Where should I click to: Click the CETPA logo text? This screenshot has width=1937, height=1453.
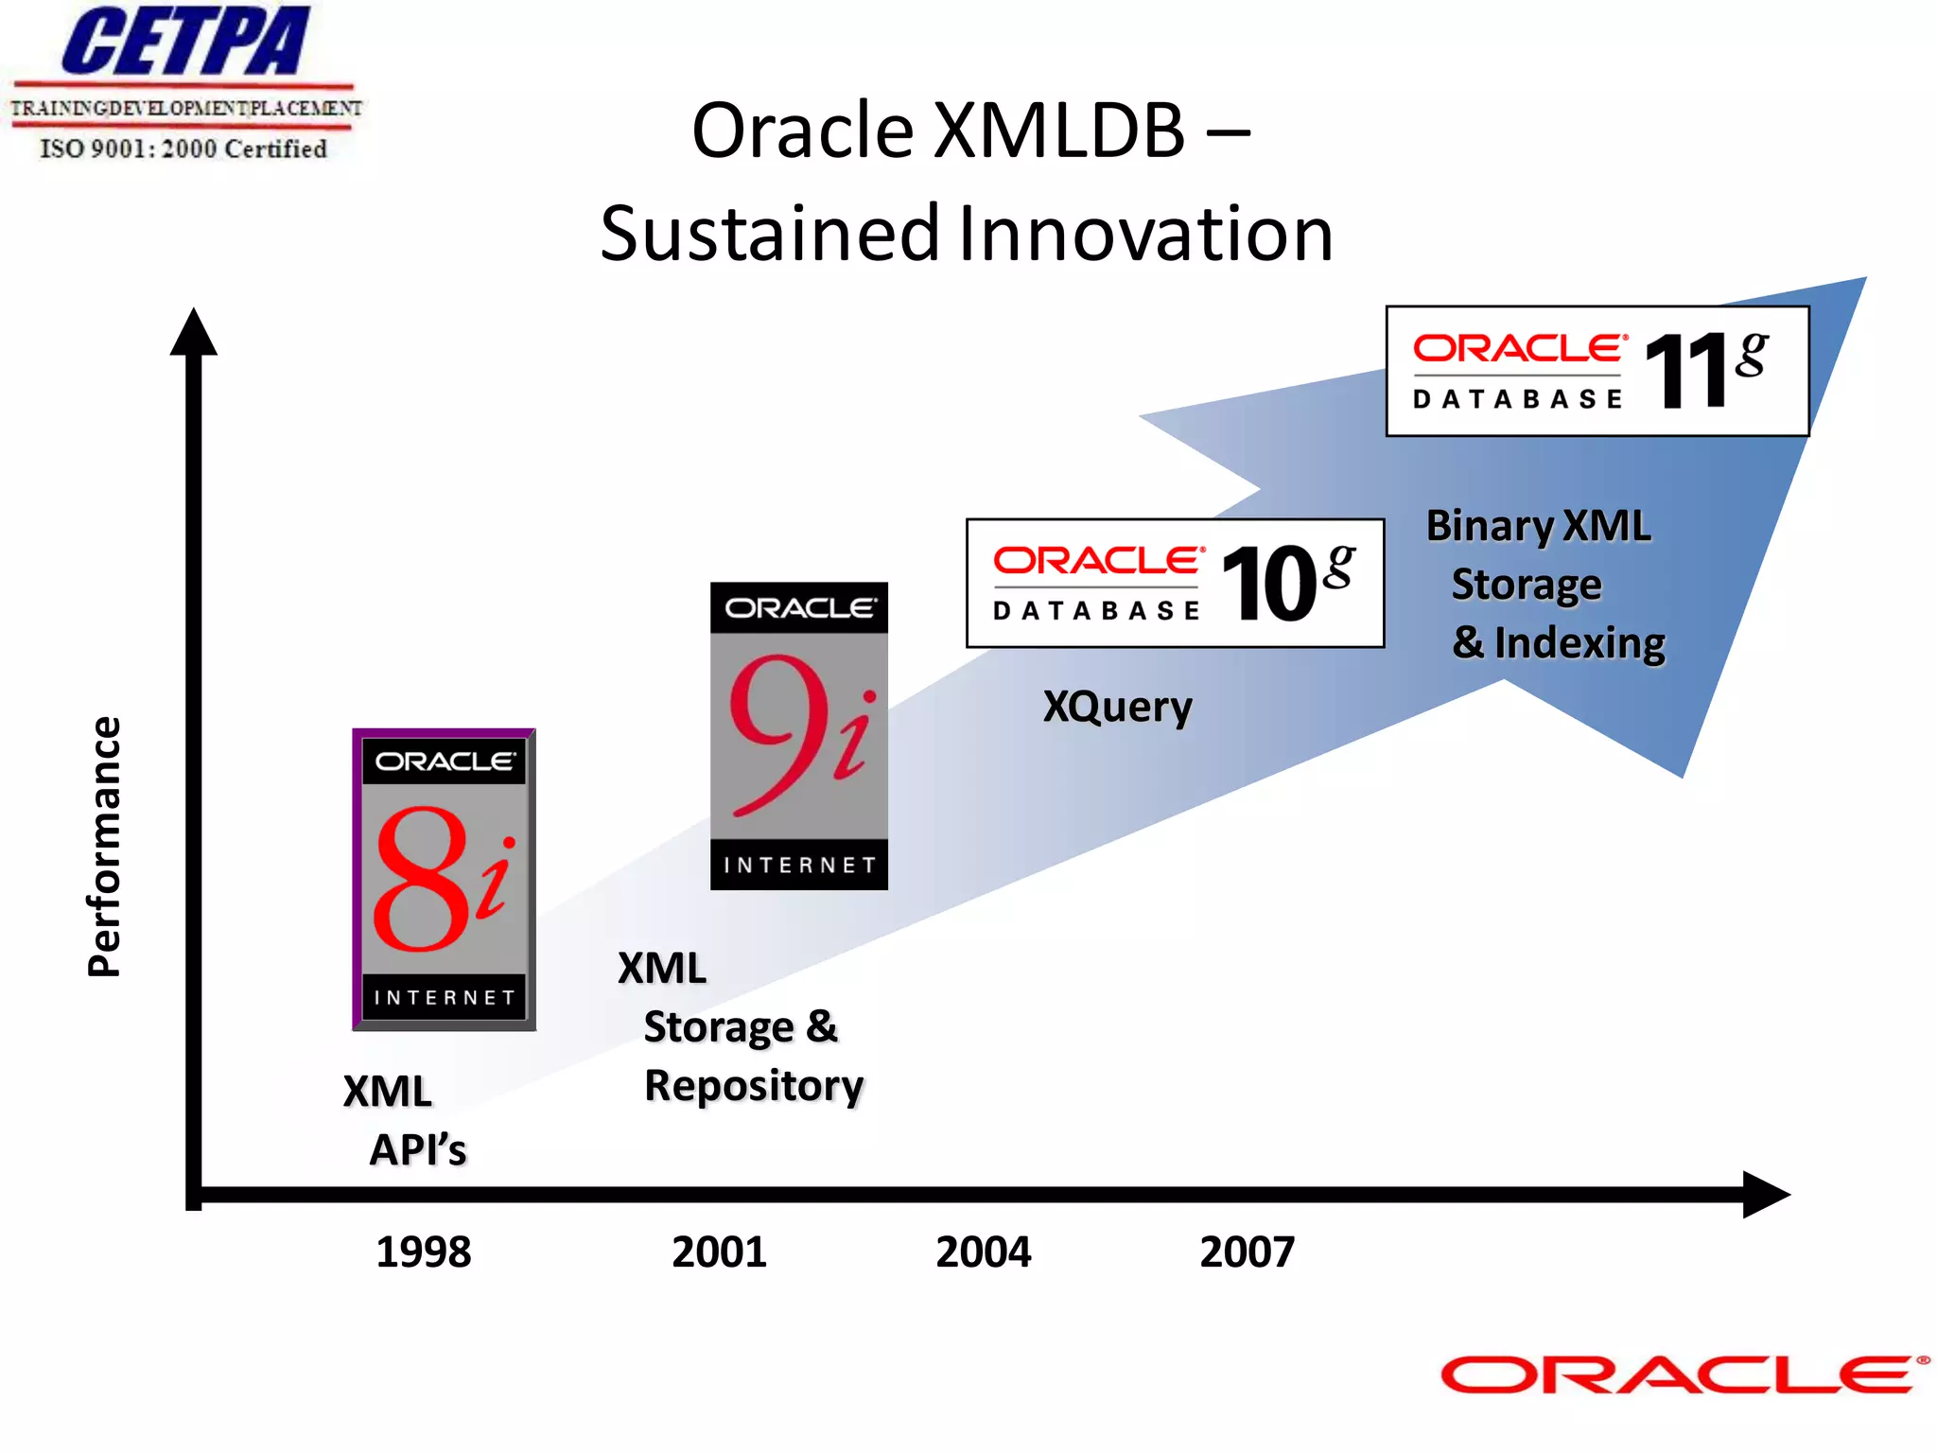coord(185,42)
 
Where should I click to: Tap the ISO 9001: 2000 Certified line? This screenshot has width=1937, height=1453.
coord(183,149)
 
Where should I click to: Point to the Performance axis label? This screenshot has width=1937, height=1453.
coord(104,847)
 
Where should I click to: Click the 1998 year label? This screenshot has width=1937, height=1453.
coord(423,1252)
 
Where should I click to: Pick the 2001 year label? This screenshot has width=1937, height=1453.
coord(719,1252)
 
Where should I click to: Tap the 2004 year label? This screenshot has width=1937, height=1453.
coord(983,1252)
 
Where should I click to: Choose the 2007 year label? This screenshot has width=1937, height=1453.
coord(1247,1252)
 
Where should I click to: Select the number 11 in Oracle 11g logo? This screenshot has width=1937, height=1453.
coord(1688,372)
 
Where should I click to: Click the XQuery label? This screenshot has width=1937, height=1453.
coord(1117,707)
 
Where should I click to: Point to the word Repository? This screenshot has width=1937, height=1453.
coord(754,1085)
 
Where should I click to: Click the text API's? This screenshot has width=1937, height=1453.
coord(417,1150)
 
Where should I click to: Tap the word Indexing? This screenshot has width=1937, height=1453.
coord(1579,643)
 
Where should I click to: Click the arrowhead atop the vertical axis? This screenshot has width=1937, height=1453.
coord(194,333)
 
